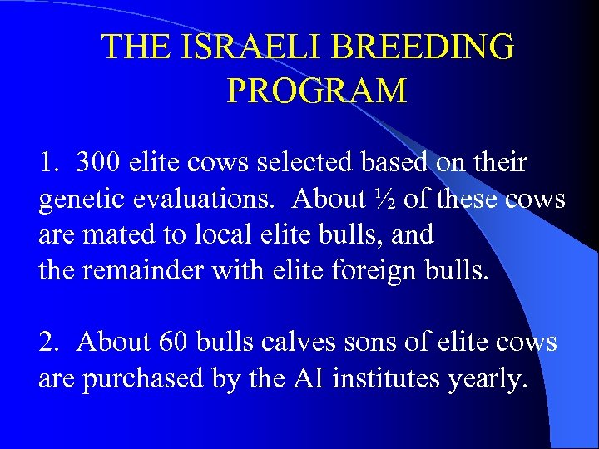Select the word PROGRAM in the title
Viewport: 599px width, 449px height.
[317, 90]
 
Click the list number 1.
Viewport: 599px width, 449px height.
[48, 163]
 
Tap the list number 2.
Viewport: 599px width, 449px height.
[48, 343]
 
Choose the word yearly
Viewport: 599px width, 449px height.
[487, 379]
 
